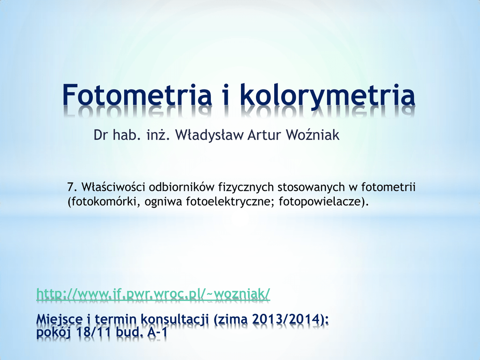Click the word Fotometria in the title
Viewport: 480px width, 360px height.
(137, 94)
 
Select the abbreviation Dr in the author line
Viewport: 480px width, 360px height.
(100, 135)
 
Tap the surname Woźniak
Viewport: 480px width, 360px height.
(312, 135)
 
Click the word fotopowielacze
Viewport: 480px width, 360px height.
(322, 202)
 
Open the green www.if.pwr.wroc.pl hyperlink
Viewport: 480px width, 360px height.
(153, 293)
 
